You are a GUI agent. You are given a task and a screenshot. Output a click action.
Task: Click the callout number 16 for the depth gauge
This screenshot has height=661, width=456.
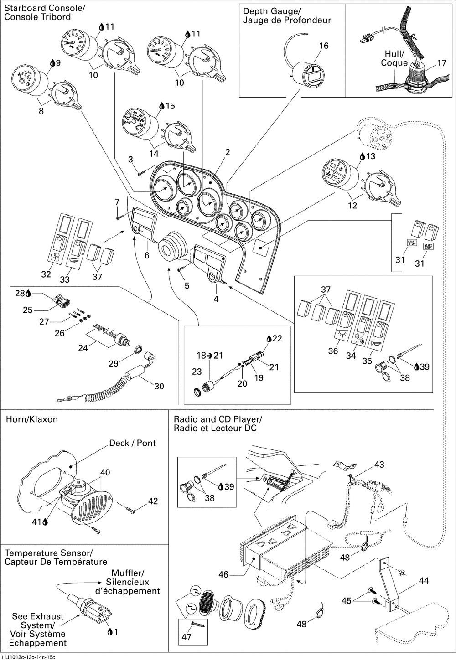324,46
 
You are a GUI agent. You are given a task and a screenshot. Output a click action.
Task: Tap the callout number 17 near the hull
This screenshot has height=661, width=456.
441,63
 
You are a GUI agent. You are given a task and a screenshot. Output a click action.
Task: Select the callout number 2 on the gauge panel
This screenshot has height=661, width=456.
228,152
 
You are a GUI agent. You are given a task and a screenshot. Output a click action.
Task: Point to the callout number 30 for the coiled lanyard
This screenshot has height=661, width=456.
159,386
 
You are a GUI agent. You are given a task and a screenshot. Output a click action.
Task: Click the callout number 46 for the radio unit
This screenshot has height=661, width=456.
223,575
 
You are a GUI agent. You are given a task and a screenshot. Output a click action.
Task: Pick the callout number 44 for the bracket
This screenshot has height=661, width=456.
424,581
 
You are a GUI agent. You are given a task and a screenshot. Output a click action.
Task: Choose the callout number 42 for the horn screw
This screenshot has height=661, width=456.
153,501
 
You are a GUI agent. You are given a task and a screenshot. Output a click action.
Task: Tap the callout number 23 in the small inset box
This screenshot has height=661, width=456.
197,372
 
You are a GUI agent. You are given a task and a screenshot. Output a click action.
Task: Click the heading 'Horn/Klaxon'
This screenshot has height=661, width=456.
31,419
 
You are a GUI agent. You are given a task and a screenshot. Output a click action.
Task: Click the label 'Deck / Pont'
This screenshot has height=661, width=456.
132,443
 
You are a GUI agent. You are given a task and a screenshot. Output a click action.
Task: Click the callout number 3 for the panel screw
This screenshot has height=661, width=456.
130,159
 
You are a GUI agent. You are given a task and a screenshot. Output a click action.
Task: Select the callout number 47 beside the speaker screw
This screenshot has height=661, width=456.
187,637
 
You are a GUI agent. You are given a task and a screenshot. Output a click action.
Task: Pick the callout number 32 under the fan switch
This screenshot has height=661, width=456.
46,274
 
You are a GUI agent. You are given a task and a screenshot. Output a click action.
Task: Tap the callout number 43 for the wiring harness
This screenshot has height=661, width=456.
379,465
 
